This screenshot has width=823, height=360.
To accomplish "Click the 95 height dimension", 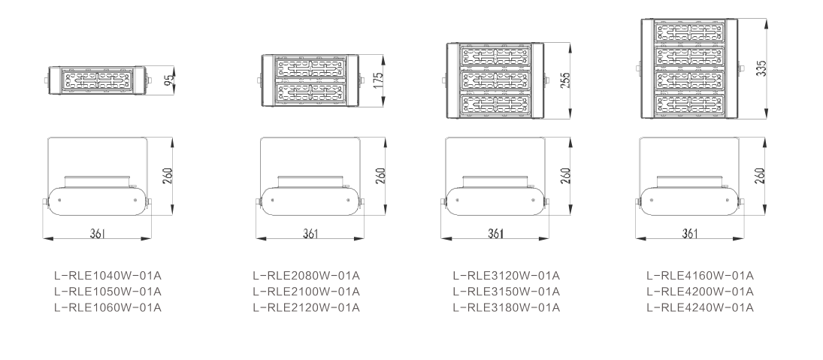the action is pos(169,80).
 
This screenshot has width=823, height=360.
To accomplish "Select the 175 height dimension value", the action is pos(379,80).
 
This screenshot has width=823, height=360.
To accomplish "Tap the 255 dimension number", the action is pos(564,80).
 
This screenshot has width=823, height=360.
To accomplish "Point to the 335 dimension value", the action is pos(761,68).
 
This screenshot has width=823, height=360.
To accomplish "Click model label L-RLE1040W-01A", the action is pos(107,276).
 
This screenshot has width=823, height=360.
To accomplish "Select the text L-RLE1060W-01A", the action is pos(107,307).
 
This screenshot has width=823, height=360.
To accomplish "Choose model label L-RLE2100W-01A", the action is pos(306,292).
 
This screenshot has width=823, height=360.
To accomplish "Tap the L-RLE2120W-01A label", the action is pos(306,307).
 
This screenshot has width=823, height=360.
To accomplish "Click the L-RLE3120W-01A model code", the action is pos(507,276).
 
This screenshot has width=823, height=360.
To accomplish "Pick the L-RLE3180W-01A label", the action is pos(507,307).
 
